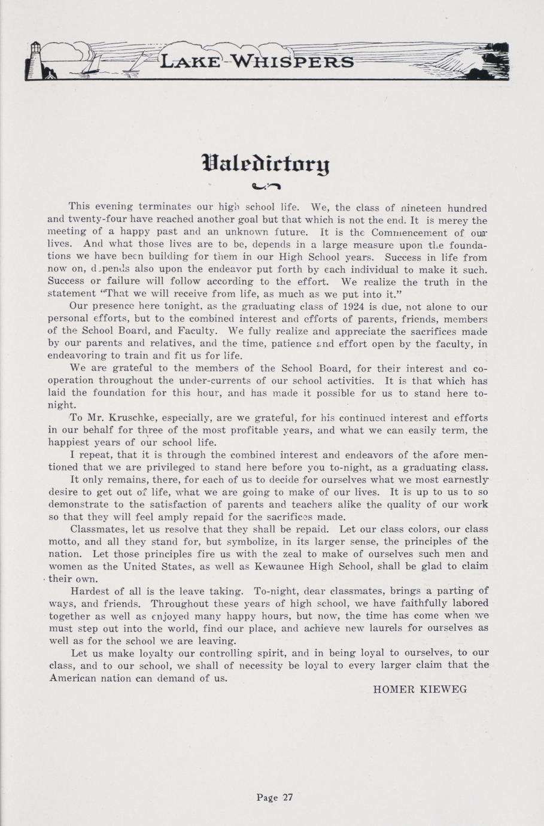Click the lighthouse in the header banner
click(37, 60)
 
